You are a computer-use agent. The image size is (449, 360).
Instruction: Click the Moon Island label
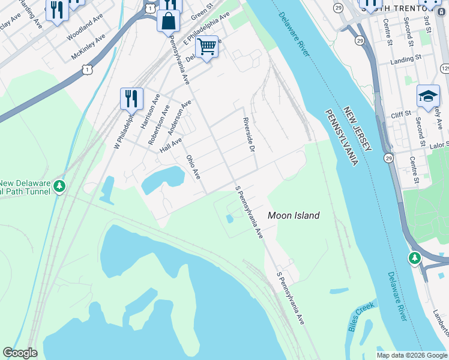tap(293, 215)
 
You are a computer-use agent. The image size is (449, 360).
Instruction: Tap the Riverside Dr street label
tap(249, 134)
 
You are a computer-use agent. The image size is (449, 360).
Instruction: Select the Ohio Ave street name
tap(193, 167)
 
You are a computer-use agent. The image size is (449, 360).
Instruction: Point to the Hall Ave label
tap(170, 145)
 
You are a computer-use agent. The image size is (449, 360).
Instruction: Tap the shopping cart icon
tap(206, 46)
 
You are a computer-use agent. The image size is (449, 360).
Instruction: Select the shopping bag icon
tap(169, 21)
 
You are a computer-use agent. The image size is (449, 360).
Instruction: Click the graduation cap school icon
tap(428, 96)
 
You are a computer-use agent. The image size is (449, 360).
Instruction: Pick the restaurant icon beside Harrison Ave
tap(131, 97)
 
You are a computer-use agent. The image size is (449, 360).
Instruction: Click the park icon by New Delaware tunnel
tap(59, 187)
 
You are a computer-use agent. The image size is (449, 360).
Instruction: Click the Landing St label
tap(402, 59)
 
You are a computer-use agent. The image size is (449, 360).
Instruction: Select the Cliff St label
tap(399, 113)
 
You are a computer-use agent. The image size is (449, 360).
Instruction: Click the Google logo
tap(20, 353)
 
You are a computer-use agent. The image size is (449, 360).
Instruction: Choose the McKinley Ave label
tap(88, 46)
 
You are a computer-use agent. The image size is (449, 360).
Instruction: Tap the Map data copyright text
tap(411, 355)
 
